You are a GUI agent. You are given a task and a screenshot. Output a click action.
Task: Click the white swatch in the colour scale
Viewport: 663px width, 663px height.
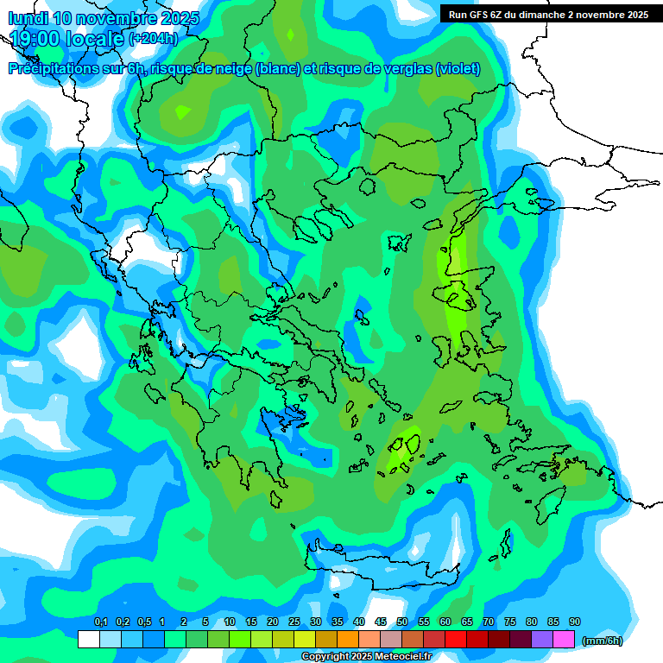click(x=88, y=639)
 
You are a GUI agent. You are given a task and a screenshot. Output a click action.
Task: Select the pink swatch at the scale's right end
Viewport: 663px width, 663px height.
click(x=564, y=639)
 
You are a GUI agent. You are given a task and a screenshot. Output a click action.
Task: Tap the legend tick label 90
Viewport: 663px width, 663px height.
click(x=575, y=622)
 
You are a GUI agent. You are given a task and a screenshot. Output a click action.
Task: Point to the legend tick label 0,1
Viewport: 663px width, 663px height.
click(x=100, y=622)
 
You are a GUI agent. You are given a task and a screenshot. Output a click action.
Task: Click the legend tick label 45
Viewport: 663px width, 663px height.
click(x=381, y=622)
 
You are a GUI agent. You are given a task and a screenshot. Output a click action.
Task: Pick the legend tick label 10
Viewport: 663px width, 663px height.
click(x=230, y=622)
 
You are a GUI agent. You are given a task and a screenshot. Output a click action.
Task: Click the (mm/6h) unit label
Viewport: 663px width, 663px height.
click(x=603, y=641)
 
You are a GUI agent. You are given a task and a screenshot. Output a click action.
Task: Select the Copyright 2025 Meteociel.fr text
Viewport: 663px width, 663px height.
click(x=366, y=657)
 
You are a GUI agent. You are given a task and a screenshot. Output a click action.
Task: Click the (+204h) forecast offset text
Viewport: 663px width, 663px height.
click(x=153, y=39)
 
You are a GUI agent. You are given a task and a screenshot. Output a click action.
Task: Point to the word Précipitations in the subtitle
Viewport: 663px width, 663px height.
click(x=59, y=69)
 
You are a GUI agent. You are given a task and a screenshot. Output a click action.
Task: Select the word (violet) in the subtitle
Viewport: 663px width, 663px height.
click(x=458, y=69)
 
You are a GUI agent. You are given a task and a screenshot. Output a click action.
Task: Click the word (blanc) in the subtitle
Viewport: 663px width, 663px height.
click(x=276, y=69)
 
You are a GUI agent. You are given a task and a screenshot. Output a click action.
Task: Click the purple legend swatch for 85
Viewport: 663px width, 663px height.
click(x=542, y=639)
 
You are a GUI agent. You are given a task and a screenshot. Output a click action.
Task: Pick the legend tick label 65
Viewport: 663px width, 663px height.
click(x=467, y=622)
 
